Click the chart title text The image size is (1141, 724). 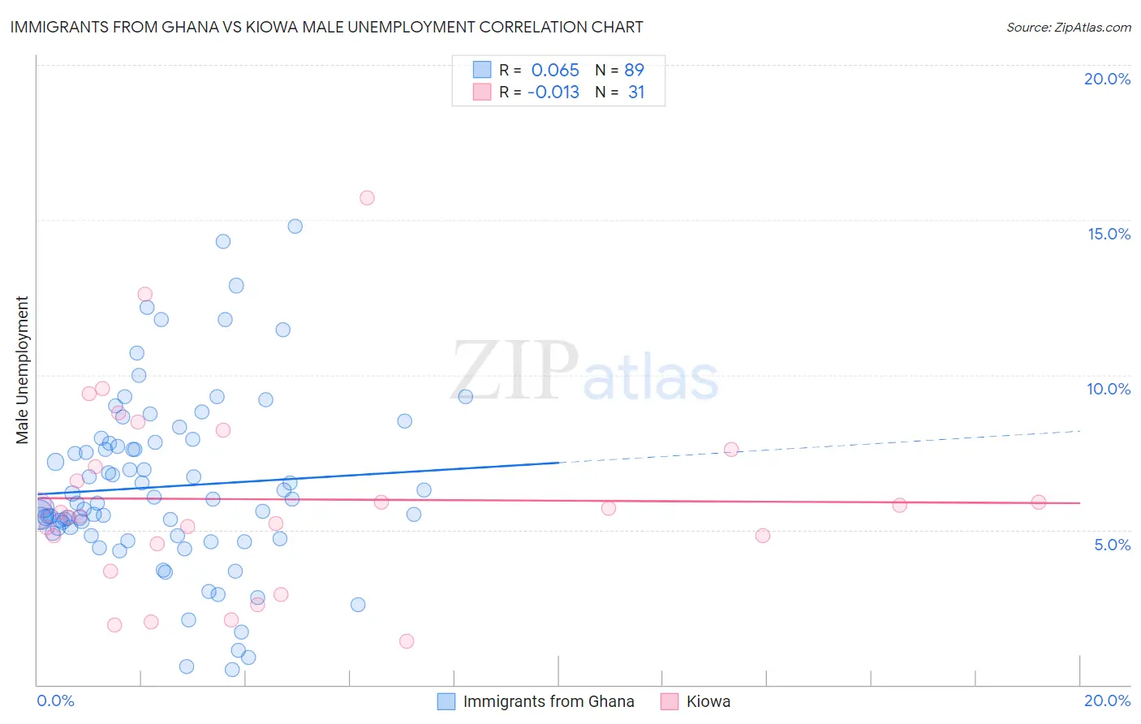326,28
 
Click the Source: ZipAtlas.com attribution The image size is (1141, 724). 1068,28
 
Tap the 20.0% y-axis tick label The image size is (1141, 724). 1107,79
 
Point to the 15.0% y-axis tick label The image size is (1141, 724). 1109,234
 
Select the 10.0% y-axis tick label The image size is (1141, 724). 1109,389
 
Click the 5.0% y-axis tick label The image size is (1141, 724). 1112,545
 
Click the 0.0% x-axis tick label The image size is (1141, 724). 55,700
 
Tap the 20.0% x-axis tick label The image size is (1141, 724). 1107,700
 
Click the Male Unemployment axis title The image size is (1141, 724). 23,370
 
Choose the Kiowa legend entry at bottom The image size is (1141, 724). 708,701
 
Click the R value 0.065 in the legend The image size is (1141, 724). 555,71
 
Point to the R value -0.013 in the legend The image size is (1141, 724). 553,93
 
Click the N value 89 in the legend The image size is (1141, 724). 634,71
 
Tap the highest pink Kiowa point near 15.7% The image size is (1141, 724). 367,198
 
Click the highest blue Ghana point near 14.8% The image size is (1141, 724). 295,226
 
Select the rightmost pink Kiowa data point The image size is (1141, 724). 1039,502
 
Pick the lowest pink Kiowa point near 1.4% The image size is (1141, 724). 407,641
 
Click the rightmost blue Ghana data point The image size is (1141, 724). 466,397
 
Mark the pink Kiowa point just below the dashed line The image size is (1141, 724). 731,450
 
